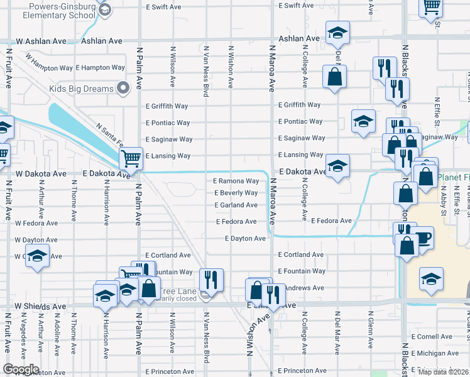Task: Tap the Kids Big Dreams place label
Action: coord(82,89)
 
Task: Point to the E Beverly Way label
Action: coord(236,193)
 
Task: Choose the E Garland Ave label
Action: coord(236,205)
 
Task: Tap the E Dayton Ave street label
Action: coord(245,239)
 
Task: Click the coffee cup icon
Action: coord(424,238)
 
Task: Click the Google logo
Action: coord(21,369)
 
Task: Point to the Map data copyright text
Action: coord(444,372)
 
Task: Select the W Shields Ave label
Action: coord(41,307)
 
